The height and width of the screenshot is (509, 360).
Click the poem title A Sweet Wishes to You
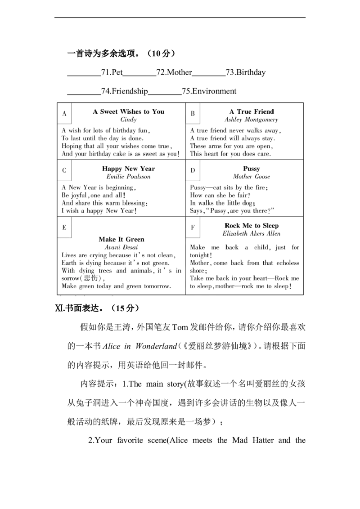pyautogui.click(x=129, y=112)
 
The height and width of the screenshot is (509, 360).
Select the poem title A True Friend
pyautogui.click(x=252, y=112)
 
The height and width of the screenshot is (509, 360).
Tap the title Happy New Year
pyautogui.click(x=128, y=169)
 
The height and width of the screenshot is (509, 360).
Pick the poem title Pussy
pyautogui.click(x=252, y=169)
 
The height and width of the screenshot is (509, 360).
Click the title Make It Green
pyautogui.click(x=121, y=239)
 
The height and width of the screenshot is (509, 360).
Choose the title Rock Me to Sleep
pyautogui.click(x=252, y=226)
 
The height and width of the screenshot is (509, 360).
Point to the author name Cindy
pyautogui.click(x=129, y=120)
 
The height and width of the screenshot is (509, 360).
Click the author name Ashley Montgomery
pyautogui.click(x=252, y=120)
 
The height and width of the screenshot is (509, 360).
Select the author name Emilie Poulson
pyautogui.click(x=128, y=177)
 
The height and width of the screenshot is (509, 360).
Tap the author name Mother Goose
pyautogui.click(x=252, y=177)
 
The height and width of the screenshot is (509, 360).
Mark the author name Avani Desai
pyautogui.click(x=121, y=247)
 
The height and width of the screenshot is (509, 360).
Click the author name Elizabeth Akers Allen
pyautogui.click(x=252, y=233)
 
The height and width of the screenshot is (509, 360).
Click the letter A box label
pyautogui.click(x=64, y=114)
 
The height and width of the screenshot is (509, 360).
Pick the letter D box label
pyautogui.click(x=193, y=170)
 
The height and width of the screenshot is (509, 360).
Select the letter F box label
pyautogui.click(x=193, y=227)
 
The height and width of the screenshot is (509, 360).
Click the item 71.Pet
pyautogui.click(x=112, y=72)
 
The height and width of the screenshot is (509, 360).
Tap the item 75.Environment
pyautogui.click(x=209, y=91)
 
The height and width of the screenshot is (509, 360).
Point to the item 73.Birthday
pyautogui.click(x=246, y=72)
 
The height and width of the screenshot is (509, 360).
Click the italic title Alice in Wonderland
pyautogui.click(x=139, y=346)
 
